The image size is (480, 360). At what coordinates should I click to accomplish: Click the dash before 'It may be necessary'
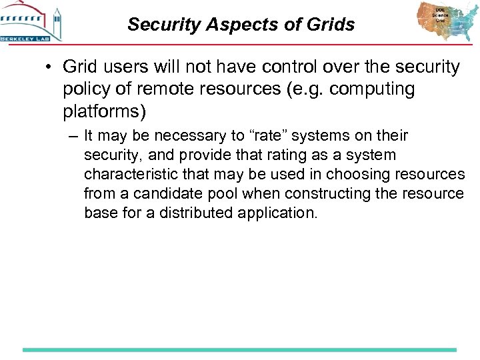point(73,136)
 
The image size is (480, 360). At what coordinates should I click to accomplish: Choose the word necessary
point(195,136)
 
